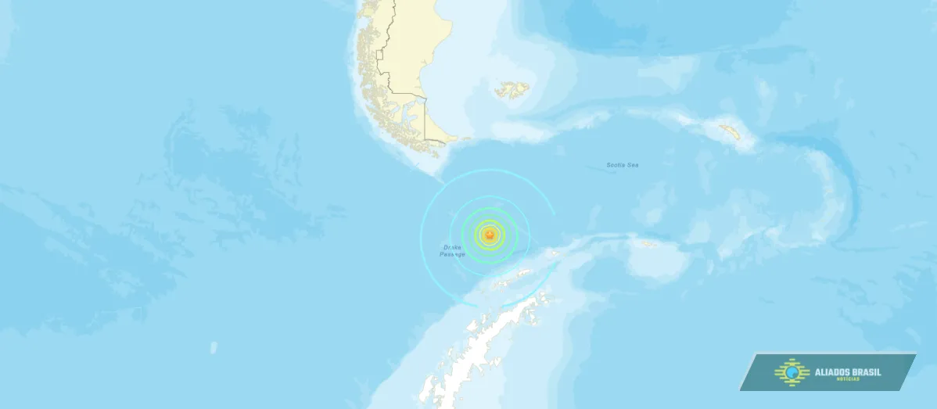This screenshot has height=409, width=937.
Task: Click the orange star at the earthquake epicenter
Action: click(x=490, y=233)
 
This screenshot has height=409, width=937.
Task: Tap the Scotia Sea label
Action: click(x=623, y=165)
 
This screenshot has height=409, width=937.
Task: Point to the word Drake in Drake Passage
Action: click(x=453, y=247)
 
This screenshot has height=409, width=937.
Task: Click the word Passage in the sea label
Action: click(x=452, y=254)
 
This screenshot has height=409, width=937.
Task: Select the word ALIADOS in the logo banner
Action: click(x=833, y=372)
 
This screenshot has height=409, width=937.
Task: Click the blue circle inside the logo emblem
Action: click(x=793, y=373)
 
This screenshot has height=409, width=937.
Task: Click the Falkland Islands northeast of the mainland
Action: click(x=512, y=90)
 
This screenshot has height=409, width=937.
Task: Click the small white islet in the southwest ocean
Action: click(x=214, y=346)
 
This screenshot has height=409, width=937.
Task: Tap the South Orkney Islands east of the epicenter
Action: click(x=648, y=244)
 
